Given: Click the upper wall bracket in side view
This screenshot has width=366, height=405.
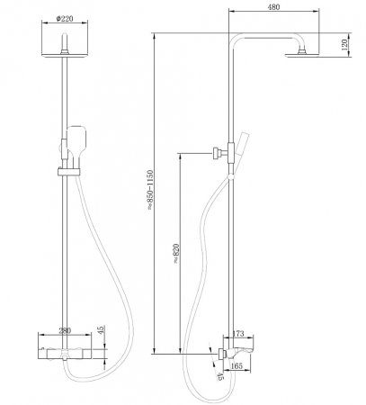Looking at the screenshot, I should point(217,152).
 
